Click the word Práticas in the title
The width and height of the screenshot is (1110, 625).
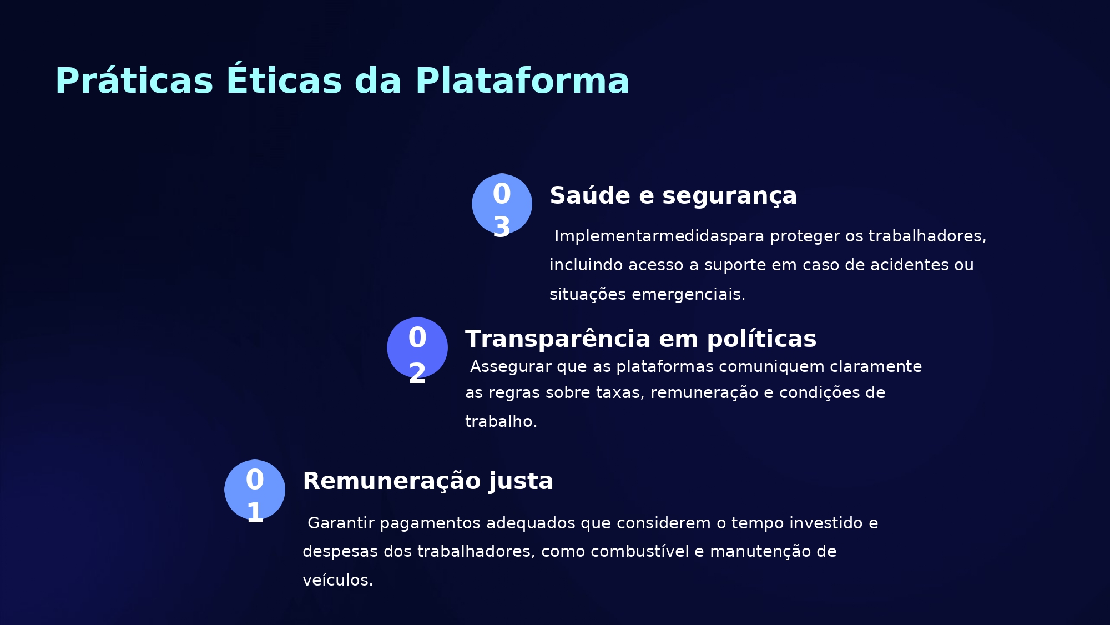(x=134, y=81)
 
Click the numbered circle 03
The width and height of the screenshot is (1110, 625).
(x=502, y=204)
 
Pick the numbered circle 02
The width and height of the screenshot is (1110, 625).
(x=417, y=347)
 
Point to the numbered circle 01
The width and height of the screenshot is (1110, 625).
(x=255, y=490)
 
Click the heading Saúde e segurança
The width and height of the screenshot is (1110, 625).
(x=673, y=196)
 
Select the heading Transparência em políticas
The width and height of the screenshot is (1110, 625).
(x=641, y=339)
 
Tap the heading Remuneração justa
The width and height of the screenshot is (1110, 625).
(x=428, y=481)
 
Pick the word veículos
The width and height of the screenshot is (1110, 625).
(x=338, y=580)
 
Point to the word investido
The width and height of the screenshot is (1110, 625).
(x=824, y=523)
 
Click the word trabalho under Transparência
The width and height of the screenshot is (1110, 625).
(x=501, y=421)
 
